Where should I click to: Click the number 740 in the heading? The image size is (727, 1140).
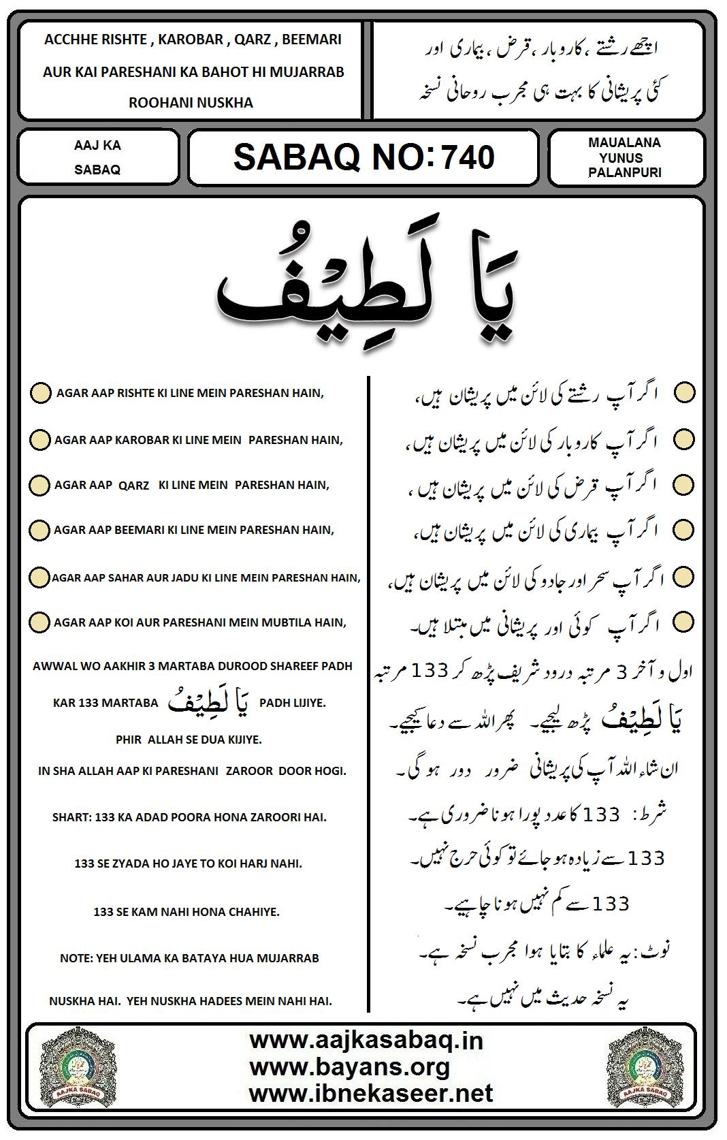(x=468, y=157)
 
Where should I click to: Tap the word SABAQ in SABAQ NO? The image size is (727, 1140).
(x=296, y=157)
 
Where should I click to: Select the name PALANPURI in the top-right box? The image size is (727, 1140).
(x=624, y=172)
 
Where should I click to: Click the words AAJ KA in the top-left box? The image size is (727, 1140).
(x=97, y=145)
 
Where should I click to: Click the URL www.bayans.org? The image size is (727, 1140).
(x=349, y=1066)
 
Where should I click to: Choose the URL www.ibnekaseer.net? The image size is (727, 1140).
(x=370, y=1093)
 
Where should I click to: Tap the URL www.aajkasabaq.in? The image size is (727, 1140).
(x=366, y=1040)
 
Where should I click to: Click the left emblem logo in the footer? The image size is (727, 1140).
(x=78, y=1066)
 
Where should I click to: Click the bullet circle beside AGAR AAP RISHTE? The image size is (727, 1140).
(x=40, y=393)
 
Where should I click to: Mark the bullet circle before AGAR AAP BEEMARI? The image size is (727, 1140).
(x=39, y=530)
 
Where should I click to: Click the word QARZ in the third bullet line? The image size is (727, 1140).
(x=133, y=486)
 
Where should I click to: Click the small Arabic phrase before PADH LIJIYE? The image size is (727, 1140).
(x=208, y=701)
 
